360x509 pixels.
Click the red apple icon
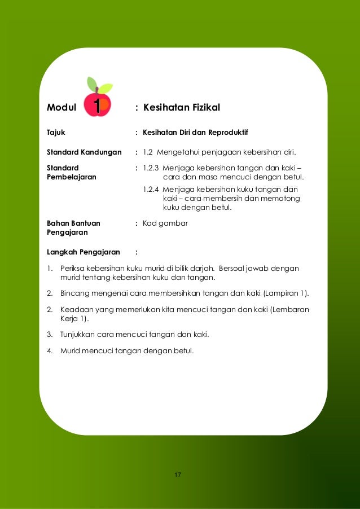coord(98,104)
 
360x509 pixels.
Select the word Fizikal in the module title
coord(203,107)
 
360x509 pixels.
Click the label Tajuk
coord(56,133)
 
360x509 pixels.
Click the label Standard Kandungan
coord(84,152)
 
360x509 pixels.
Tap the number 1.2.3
coord(151,168)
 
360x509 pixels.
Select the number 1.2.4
coord(151,190)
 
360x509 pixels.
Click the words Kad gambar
coord(165,223)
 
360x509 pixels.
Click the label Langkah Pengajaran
coord(84,252)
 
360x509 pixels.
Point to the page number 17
coord(178,475)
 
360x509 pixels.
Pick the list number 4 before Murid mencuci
coord(50,350)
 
